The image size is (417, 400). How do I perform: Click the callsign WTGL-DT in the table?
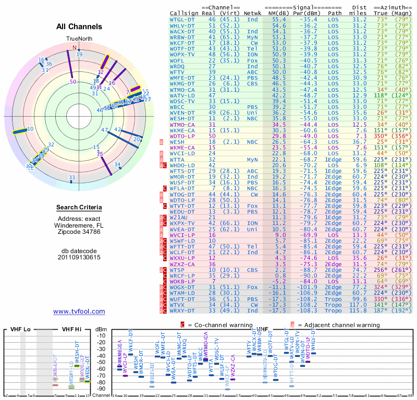(182, 19)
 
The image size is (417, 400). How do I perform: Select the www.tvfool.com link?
(79, 311)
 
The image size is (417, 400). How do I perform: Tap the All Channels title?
(79, 27)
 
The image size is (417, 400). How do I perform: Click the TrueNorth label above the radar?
(79, 39)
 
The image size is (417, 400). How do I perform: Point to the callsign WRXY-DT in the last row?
(182, 311)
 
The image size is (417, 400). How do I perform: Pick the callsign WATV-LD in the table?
(182, 95)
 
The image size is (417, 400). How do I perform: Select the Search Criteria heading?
(79, 208)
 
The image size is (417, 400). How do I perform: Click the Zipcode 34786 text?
(79, 232)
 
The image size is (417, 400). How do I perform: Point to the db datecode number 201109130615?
(79, 257)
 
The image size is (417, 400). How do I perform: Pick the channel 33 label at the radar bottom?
(72, 178)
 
